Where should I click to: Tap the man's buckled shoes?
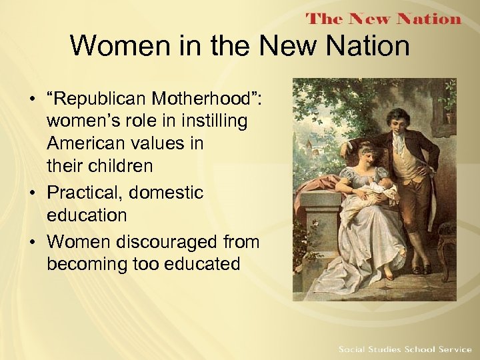[x=420, y=269]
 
